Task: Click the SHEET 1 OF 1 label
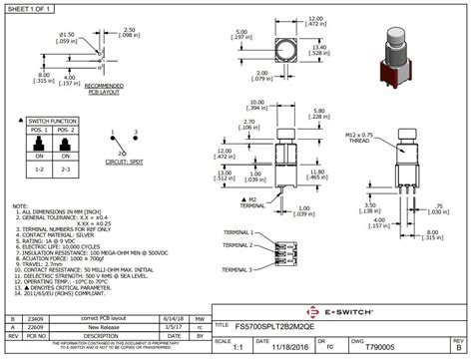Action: click(29, 9)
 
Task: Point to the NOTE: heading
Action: click(19, 205)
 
